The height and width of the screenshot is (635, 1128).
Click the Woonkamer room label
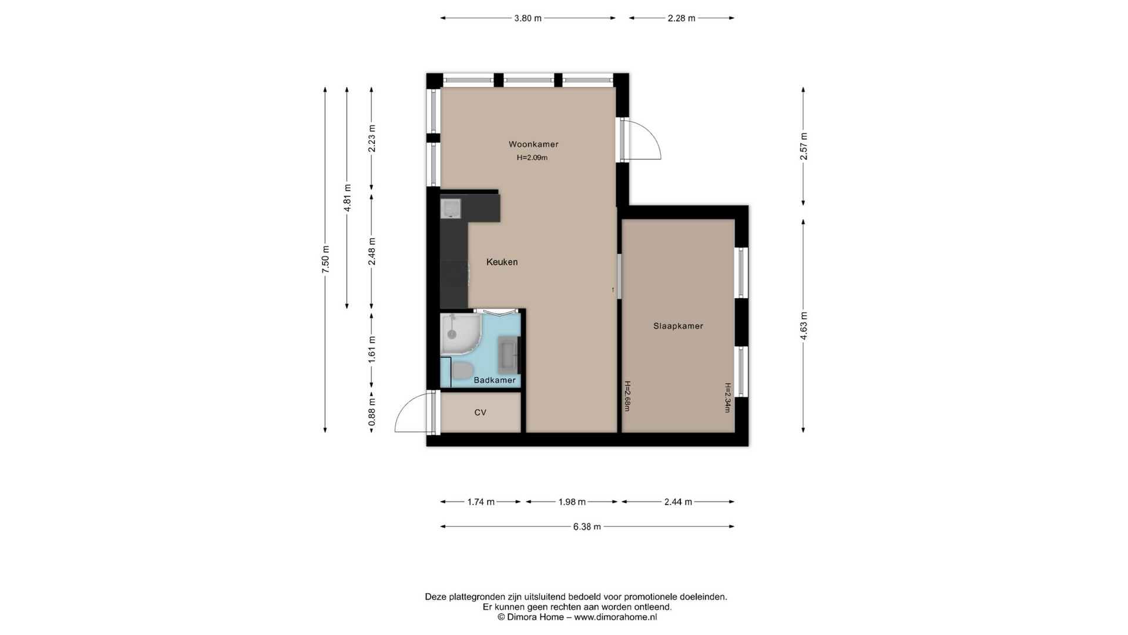(x=533, y=144)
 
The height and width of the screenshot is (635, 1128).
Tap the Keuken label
(x=502, y=262)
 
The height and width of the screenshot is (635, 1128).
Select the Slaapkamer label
(x=678, y=326)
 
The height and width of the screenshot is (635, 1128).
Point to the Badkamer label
(x=495, y=380)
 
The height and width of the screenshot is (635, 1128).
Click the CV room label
(x=480, y=413)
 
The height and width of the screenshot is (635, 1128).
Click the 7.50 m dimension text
(x=325, y=259)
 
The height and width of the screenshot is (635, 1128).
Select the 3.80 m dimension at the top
(x=528, y=18)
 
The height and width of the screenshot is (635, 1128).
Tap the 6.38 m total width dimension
(x=587, y=527)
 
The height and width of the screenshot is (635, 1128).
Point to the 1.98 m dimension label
(x=572, y=502)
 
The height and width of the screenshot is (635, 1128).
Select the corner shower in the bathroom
(x=461, y=333)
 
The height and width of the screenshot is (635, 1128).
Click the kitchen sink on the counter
(x=451, y=209)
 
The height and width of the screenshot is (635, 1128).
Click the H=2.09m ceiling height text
(x=532, y=158)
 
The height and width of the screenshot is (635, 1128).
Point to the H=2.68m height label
(x=627, y=396)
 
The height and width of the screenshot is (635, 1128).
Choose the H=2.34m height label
(x=727, y=397)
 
